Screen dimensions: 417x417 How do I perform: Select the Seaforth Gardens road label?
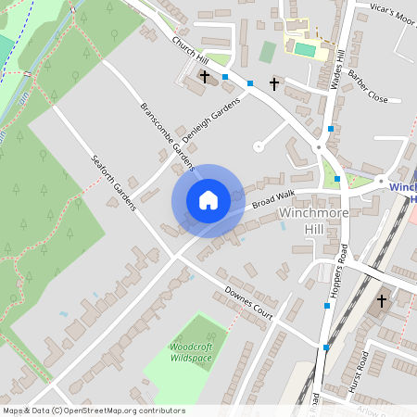113,181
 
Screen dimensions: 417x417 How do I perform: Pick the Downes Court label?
250,305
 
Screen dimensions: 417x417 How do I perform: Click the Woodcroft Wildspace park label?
192,351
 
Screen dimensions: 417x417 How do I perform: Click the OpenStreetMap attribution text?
94,411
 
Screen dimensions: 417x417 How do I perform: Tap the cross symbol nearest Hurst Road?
382,300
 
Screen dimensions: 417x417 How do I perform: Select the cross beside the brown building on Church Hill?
204,77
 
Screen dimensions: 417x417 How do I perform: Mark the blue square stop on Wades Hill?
331,128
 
